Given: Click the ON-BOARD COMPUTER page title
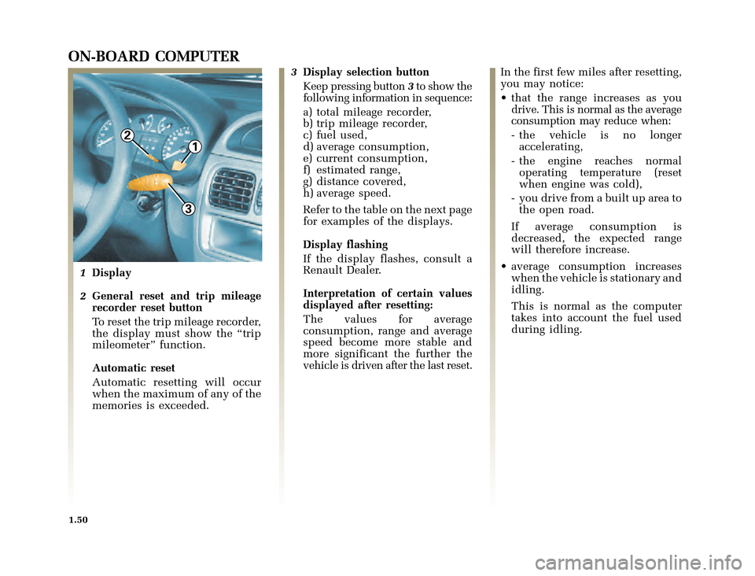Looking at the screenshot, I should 154,56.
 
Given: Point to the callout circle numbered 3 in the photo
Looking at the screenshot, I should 189,208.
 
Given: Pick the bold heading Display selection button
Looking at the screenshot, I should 366,72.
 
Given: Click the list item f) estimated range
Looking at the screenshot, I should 352,169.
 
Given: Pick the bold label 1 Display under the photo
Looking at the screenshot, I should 106,272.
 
